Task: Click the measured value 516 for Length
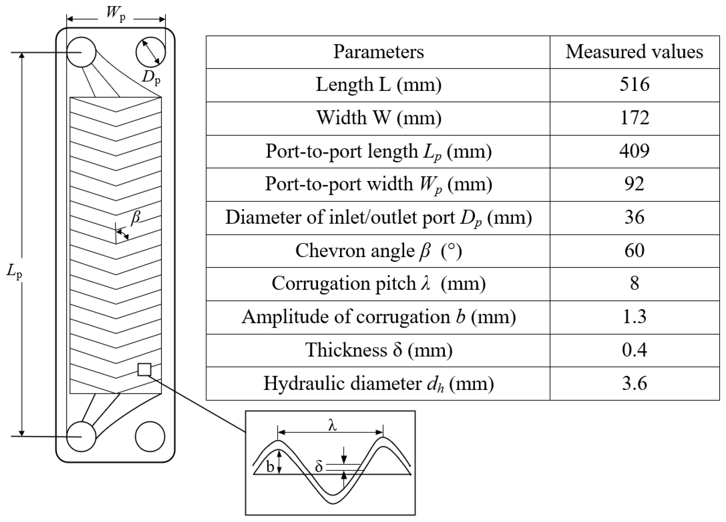tap(635, 85)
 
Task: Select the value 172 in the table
tap(635, 118)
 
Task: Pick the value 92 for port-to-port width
tap(635, 184)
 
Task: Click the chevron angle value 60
tap(635, 251)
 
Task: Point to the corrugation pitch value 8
tap(635, 284)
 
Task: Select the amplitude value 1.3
tap(635, 317)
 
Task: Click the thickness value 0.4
tap(635, 350)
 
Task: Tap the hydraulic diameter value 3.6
tap(635, 383)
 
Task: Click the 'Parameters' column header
tap(378, 52)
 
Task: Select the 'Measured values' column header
tap(635, 52)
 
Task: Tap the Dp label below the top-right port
tap(151, 78)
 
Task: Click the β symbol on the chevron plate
tap(136, 217)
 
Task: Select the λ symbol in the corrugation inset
tap(333, 425)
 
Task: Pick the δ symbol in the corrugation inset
tap(318, 467)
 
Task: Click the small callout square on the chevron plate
tap(144, 369)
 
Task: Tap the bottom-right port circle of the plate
tap(150, 437)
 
